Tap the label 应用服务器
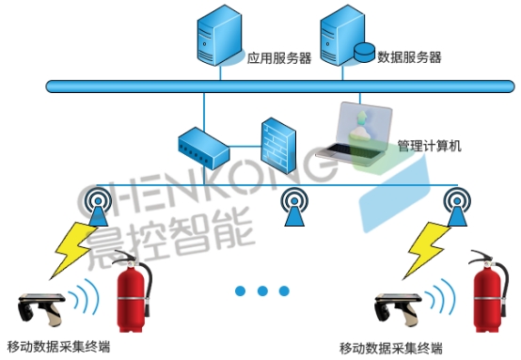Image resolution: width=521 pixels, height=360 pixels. pos(279,57)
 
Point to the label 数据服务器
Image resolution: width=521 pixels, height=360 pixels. pos(409,57)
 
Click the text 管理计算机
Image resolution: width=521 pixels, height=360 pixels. pos(429,146)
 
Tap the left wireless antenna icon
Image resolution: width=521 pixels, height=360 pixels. pos(96,208)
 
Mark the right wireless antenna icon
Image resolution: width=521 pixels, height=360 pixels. pos(457,208)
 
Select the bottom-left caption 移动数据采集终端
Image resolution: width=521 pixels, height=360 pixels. pos(58,347)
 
